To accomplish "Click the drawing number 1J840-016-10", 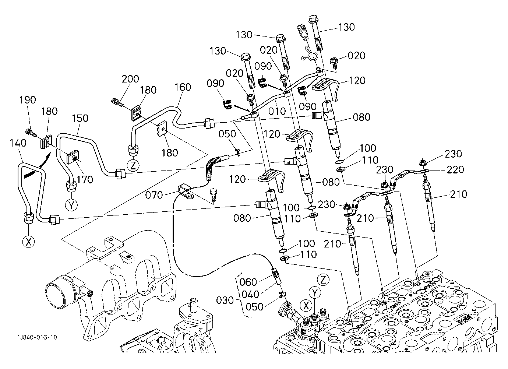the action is (x=38, y=337).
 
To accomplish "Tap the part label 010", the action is (x=277, y=111).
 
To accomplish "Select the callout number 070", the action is (x=154, y=195).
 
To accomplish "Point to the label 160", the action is (x=183, y=87).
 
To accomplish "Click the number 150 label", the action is (x=80, y=118).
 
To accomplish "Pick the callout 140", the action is (x=18, y=143).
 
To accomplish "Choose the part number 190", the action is (x=28, y=100).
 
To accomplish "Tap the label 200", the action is (x=130, y=79).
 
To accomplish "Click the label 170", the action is (x=85, y=179).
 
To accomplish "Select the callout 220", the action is (x=455, y=169).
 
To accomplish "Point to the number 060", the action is (x=248, y=282).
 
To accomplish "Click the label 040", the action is (x=250, y=294).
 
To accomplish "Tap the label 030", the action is (x=225, y=300).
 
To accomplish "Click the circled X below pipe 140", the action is (x=29, y=242).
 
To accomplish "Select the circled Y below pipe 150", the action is (x=71, y=205).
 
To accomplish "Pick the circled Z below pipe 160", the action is (x=133, y=165).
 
